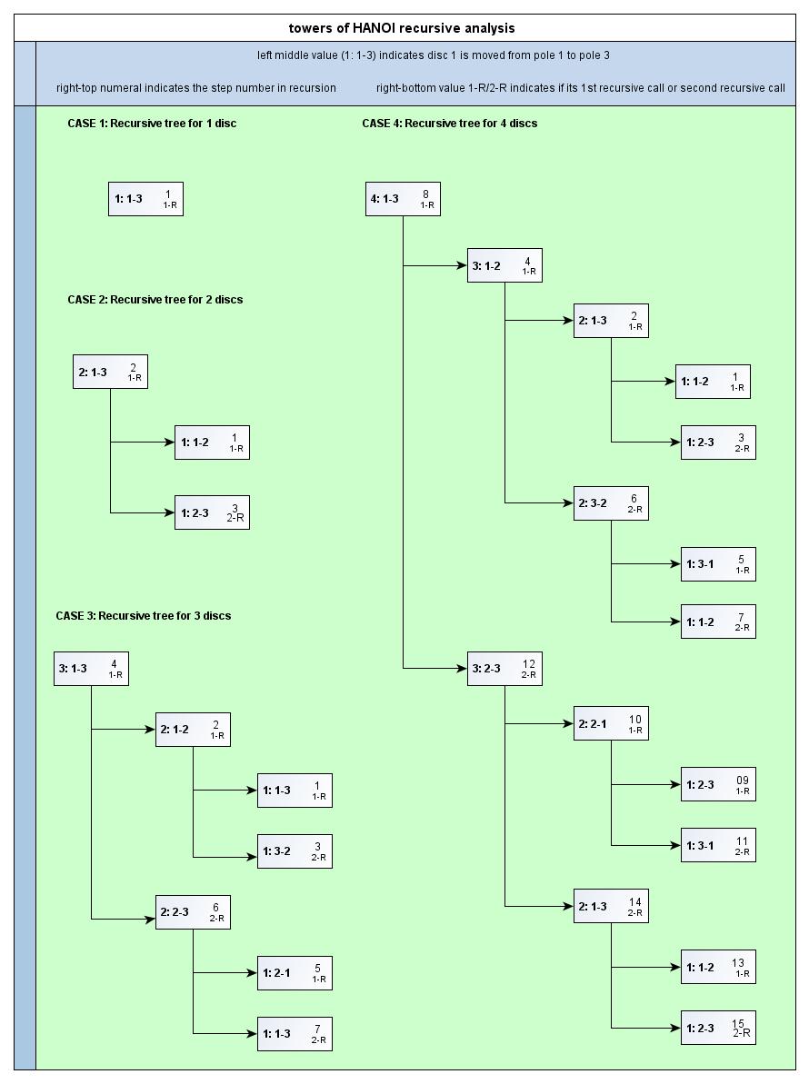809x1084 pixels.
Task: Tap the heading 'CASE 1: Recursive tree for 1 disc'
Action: pos(152,123)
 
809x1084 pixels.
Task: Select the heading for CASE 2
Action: pos(155,299)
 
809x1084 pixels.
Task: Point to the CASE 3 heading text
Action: pos(143,615)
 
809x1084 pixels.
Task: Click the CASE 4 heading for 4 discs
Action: pos(449,123)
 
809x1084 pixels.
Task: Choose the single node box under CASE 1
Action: pos(145,199)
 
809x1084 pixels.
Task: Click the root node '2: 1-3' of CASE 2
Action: pos(110,372)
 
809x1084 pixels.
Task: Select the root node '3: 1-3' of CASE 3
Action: pos(91,669)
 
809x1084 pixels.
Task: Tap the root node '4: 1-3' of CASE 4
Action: pos(403,199)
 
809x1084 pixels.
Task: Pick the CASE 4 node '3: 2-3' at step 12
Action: pos(504,669)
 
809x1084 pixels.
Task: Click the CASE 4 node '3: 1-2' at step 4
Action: pos(504,265)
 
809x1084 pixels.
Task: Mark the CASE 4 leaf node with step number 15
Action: pos(718,1028)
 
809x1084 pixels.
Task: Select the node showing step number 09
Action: pos(718,784)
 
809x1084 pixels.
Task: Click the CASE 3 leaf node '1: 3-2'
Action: pos(295,851)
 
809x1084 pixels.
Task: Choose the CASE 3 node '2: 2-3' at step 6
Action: pos(193,912)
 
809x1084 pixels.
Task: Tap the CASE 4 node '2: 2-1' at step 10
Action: pos(611,723)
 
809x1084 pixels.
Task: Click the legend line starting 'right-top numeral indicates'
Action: pos(196,88)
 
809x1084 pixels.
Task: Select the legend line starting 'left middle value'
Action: pos(433,55)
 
